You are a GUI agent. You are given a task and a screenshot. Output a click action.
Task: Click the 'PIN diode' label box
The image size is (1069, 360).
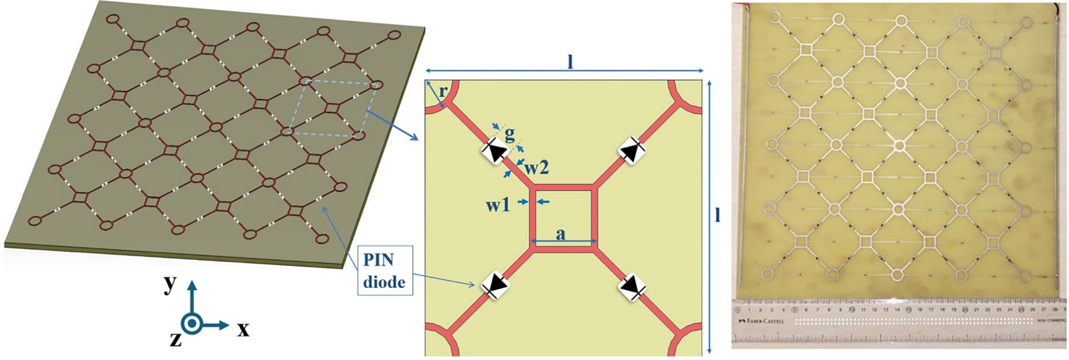[384, 270]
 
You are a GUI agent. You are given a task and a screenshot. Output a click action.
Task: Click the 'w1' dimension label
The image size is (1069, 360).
[498, 205]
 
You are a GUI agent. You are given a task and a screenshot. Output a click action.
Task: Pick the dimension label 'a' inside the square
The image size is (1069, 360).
[561, 233]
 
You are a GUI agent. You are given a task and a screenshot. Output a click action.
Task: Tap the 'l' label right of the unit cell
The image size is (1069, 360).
[718, 214]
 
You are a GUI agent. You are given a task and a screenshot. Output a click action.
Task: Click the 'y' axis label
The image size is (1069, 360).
[170, 284]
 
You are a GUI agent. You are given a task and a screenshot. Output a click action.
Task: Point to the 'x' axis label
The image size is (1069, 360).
[243, 330]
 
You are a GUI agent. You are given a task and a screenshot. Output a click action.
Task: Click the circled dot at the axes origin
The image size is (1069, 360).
[192, 324]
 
